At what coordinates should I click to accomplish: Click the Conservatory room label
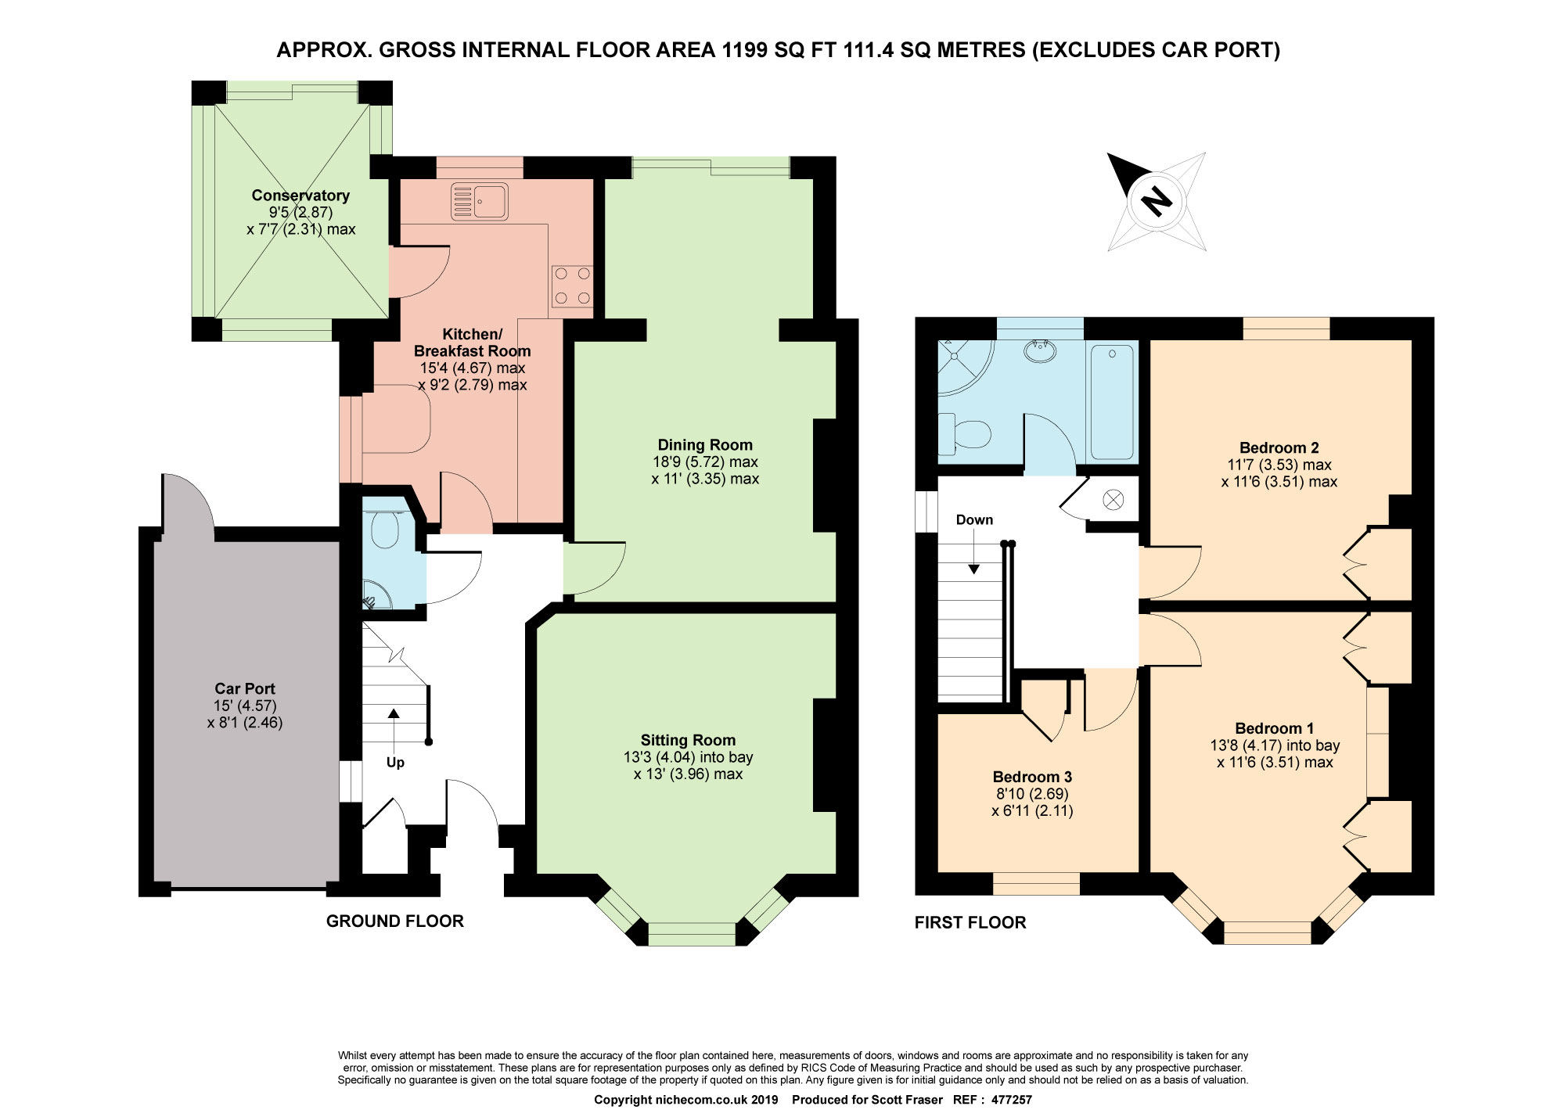click(x=300, y=196)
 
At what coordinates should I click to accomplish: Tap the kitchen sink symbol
click(x=480, y=201)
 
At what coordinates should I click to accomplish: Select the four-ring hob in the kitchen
click(x=572, y=286)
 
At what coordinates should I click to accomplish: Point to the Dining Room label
click(x=705, y=445)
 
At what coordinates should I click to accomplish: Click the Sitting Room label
click(x=689, y=740)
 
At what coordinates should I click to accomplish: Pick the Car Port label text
click(x=245, y=688)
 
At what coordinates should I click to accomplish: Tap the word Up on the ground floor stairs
click(x=395, y=763)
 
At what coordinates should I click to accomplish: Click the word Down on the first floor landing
click(x=974, y=519)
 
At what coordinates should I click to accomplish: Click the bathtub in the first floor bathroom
click(x=1112, y=402)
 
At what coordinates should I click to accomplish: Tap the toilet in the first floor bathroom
click(x=965, y=433)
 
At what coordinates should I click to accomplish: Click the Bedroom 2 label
click(x=1279, y=447)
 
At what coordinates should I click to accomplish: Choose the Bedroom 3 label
click(x=1032, y=777)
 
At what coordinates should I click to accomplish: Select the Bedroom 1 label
click(x=1275, y=728)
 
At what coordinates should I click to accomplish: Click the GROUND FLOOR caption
click(x=395, y=921)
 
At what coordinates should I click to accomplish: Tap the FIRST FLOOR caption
click(x=970, y=922)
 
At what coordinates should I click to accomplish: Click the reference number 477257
click(x=1011, y=1100)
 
